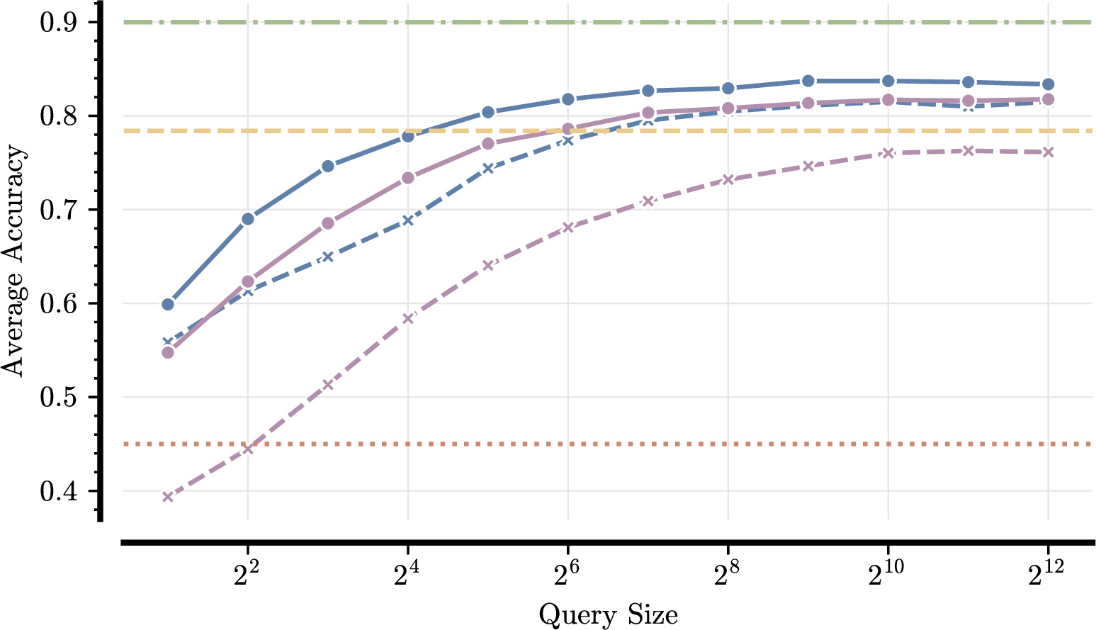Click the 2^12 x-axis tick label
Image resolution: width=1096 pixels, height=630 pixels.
coord(1048,576)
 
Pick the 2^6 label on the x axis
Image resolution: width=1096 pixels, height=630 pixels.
coord(567,576)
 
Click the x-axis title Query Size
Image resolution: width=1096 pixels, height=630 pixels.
coord(608,614)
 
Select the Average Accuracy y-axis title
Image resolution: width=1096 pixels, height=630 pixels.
coord(13,261)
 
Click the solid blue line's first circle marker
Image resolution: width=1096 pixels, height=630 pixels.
coord(168,305)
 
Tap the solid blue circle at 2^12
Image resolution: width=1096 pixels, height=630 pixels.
coord(1049,84)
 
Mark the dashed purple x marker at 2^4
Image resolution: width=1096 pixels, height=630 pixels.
coord(407,319)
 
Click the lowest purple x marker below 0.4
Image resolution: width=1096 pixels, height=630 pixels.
coord(168,497)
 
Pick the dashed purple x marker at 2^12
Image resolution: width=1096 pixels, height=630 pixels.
coord(1049,152)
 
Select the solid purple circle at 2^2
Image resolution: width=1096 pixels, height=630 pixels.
coord(247,282)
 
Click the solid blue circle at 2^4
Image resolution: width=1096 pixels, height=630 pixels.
coord(407,136)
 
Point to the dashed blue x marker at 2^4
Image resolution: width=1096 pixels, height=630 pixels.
coord(407,220)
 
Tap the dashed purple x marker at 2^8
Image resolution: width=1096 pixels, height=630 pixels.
coord(728,179)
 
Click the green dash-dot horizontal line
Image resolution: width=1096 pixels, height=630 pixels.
coord(638,22)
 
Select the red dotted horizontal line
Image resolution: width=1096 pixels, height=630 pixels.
coord(638,444)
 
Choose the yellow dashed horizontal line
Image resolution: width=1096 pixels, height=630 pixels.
coord(638,131)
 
